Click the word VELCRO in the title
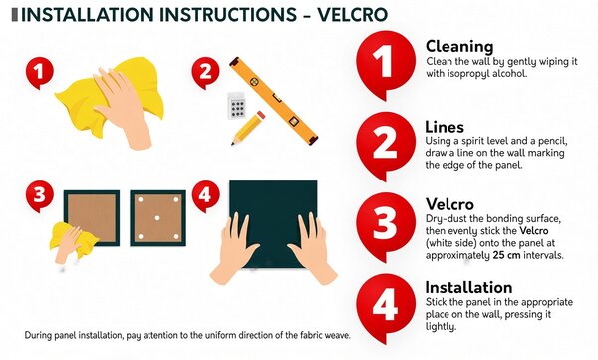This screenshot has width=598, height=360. (353, 15)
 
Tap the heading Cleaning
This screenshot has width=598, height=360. (459, 47)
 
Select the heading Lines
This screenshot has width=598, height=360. (445, 127)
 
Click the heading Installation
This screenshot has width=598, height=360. (468, 287)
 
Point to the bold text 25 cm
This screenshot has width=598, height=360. (506, 255)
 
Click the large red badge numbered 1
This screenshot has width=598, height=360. (386, 63)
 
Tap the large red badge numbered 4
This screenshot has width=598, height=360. (386, 305)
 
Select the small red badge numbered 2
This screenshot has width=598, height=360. (205, 72)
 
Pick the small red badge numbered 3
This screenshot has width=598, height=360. (39, 195)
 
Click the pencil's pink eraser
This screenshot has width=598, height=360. (260, 116)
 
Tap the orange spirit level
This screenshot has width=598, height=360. (273, 101)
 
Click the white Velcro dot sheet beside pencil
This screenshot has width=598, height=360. (237, 106)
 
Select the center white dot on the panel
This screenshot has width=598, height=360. (157, 218)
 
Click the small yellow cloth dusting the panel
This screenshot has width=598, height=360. (73, 240)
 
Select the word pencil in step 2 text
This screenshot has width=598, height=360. (552, 141)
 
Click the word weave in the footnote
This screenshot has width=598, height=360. (338, 335)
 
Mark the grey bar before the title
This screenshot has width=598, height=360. (15, 15)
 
